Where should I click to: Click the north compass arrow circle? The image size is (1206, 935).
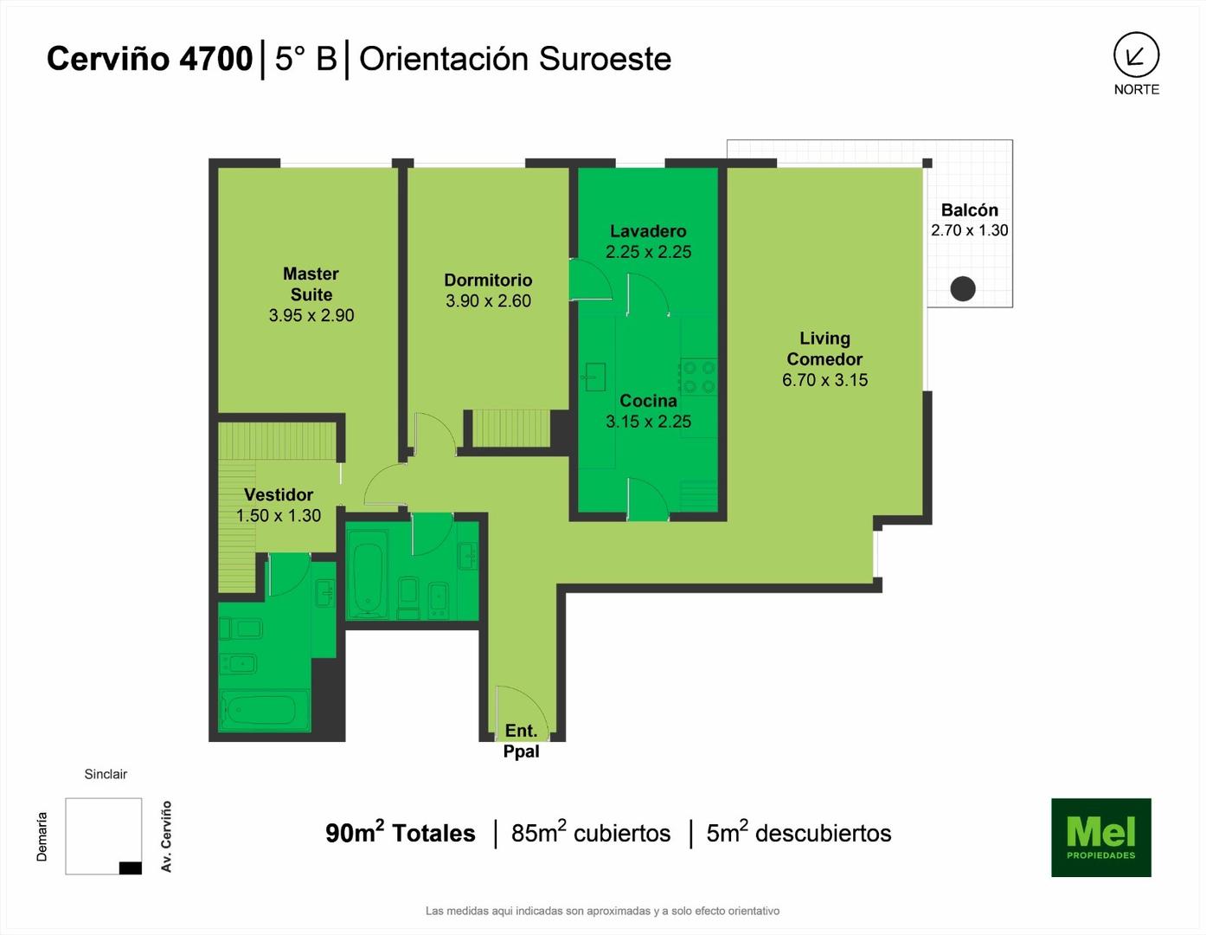pyautogui.click(x=1136, y=55)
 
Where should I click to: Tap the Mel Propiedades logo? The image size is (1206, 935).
pyautogui.click(x=1101, y=837)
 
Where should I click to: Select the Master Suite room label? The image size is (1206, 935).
pyautogui.click(x=311, y=284)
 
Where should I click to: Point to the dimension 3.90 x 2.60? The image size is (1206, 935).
pyautogui.click(x=489, y=301)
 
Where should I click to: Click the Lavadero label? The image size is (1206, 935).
pyautogui.click(x=648, y=231)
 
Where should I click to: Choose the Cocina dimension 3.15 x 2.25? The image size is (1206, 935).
pyautogui.click(x=648, y=422)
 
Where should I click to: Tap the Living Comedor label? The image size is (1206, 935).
pyautogui.click(x=824, y=349)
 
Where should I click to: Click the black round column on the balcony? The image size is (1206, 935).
pyautogui.click(x=963, y=288)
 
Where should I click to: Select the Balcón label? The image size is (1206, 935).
pyautogui.click(x=970, y=210)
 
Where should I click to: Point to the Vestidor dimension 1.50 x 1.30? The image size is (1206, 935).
pyautogui.click(x=279, y=516)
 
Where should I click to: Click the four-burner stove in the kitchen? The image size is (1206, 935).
pyautogui.click(x=699, y=377)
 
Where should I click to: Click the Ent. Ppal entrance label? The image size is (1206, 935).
pyautogui.click(x=521, y=741)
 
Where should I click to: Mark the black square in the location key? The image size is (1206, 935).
pyautogui.click(x=131, y=867)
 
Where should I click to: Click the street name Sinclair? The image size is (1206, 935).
pyautogui.click(x=106, y=774)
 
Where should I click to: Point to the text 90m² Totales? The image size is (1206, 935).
pyautogui.click(x=401, y=832)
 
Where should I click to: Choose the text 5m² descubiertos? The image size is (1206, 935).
pyautogui.click(x=799, y=832)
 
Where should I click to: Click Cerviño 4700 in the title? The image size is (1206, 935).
pyautogui.click(x=150, y=59)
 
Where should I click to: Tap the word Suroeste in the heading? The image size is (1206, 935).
pyautogui.click(x=605, y=60)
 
